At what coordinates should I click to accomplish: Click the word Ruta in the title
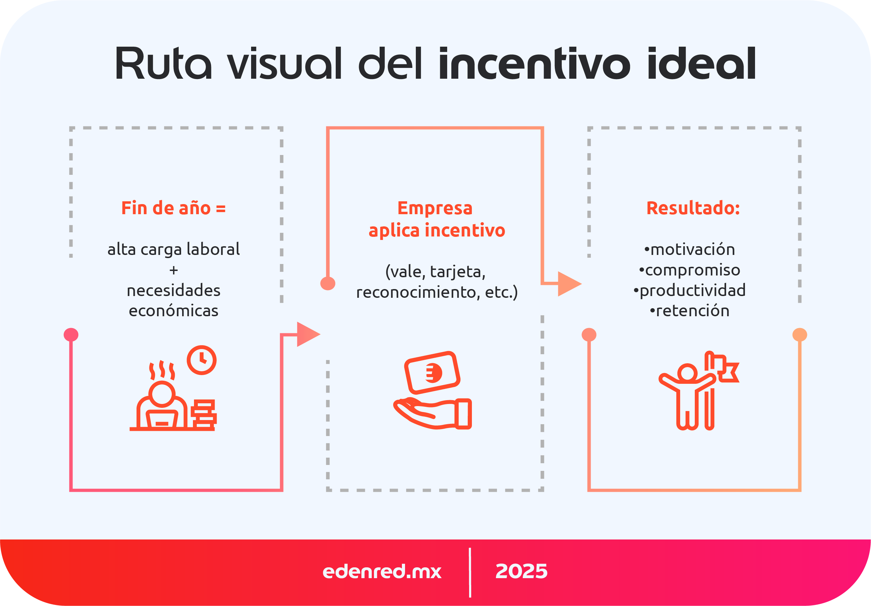[163, 63]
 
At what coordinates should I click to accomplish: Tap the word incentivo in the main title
[535, 63]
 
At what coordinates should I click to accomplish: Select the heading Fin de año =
[173, 208]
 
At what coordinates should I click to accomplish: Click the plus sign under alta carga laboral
[174, 270]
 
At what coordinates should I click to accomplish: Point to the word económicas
[173, 311]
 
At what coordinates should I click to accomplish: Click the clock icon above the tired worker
[201, 360]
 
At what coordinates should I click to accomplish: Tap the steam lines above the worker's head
[162, 370]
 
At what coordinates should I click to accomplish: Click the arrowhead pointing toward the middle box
[307, 334]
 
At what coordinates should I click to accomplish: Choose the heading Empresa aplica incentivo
[436, 219]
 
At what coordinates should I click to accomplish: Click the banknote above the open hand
[433, 373]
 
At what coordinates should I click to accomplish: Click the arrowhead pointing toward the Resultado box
[569, 283]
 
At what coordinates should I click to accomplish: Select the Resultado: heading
[693, 208]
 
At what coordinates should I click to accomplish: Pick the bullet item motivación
[690, 249]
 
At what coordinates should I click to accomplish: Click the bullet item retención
[690, 311]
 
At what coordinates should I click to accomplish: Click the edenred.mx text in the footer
[382, 571]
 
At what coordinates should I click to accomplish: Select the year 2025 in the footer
[521, 571]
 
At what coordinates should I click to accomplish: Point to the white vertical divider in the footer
[470, 572]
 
